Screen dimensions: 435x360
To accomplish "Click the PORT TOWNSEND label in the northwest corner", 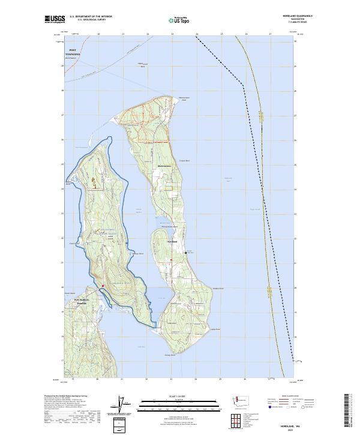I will click(x=73, y=53).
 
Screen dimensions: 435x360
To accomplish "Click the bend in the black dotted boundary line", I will click(x=243, y=85).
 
